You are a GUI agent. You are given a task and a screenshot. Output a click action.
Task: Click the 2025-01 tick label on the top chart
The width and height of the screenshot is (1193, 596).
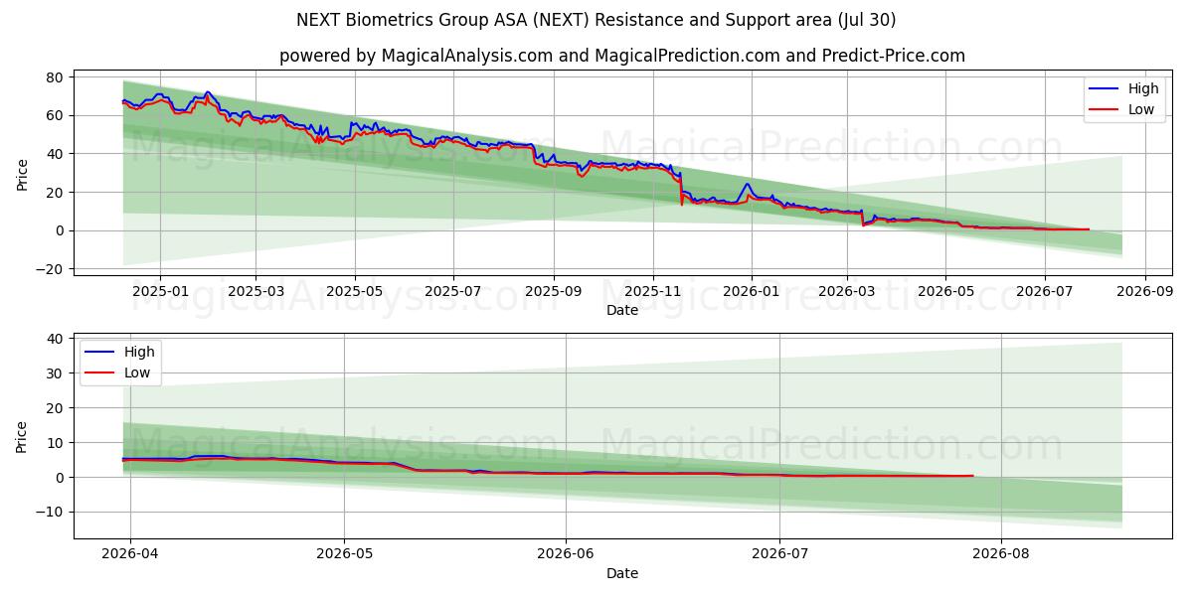160,291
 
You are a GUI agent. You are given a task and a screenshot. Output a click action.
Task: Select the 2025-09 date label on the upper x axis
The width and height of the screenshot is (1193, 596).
554,291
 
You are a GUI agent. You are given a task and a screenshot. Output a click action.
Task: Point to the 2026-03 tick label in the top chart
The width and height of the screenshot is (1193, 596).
846,291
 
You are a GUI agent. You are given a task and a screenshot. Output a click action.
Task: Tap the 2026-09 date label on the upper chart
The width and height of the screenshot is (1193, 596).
1144,291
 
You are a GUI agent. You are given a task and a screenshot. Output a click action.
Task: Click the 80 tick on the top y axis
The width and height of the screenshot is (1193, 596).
55,77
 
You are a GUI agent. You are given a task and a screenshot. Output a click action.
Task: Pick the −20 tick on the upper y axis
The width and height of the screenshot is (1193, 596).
49,269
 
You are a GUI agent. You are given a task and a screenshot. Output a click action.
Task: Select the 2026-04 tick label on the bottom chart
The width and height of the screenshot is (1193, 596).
130,554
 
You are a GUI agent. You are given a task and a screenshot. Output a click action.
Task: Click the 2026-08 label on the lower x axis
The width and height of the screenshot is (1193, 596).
1001,554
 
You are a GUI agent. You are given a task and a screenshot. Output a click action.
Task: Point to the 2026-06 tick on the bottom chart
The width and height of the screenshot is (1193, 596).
565,554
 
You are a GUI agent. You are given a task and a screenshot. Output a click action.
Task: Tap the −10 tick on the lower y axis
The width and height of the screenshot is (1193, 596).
49,512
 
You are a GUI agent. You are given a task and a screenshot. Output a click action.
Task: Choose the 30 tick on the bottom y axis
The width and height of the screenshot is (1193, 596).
55,373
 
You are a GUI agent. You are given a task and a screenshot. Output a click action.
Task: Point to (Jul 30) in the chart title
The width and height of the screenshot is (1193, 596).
867,20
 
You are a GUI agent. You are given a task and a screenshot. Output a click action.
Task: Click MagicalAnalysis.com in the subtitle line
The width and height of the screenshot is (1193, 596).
467,56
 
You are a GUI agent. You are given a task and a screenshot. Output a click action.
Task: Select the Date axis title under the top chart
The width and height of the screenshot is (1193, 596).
622,310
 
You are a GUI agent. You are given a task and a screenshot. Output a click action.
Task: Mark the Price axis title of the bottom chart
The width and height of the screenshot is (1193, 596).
21,437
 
